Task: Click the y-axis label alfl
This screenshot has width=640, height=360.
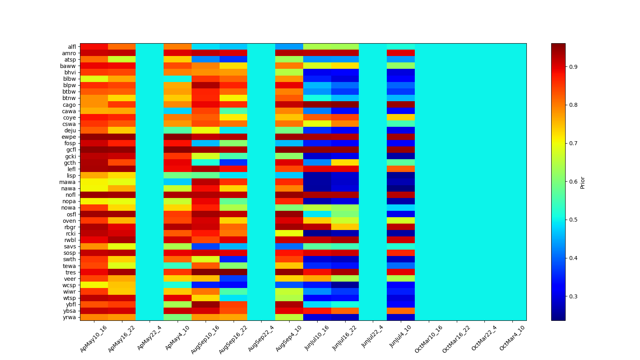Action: (x=72, y=47)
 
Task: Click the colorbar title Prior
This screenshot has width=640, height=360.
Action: (x=582, y=182)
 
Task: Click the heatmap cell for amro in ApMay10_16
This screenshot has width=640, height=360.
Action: (x=94, y=53)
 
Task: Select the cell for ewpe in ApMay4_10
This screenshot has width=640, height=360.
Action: (x=178, y=137)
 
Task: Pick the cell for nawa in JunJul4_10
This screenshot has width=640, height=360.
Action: (x=401, y=188)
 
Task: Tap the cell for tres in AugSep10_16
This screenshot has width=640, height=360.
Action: (x=206, y=272)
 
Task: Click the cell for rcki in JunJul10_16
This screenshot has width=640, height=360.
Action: (x=317, y=234)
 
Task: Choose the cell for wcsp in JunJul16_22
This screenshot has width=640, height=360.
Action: (x=345, y=285)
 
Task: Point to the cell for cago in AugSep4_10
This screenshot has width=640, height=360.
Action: (x=289, y=105)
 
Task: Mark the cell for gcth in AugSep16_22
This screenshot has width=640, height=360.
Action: (x=233, y=163)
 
